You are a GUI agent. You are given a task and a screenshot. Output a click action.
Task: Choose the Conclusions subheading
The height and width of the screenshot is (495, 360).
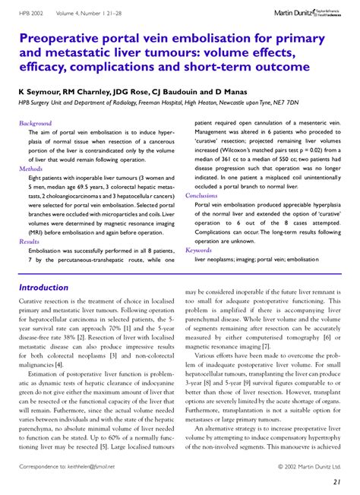click(x=201, y=195)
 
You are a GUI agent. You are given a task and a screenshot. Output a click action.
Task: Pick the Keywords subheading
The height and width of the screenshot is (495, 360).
click(x=198, y=250)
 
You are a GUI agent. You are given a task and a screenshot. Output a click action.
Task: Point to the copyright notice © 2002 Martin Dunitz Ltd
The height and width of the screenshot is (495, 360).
click(x=309, y=467)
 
